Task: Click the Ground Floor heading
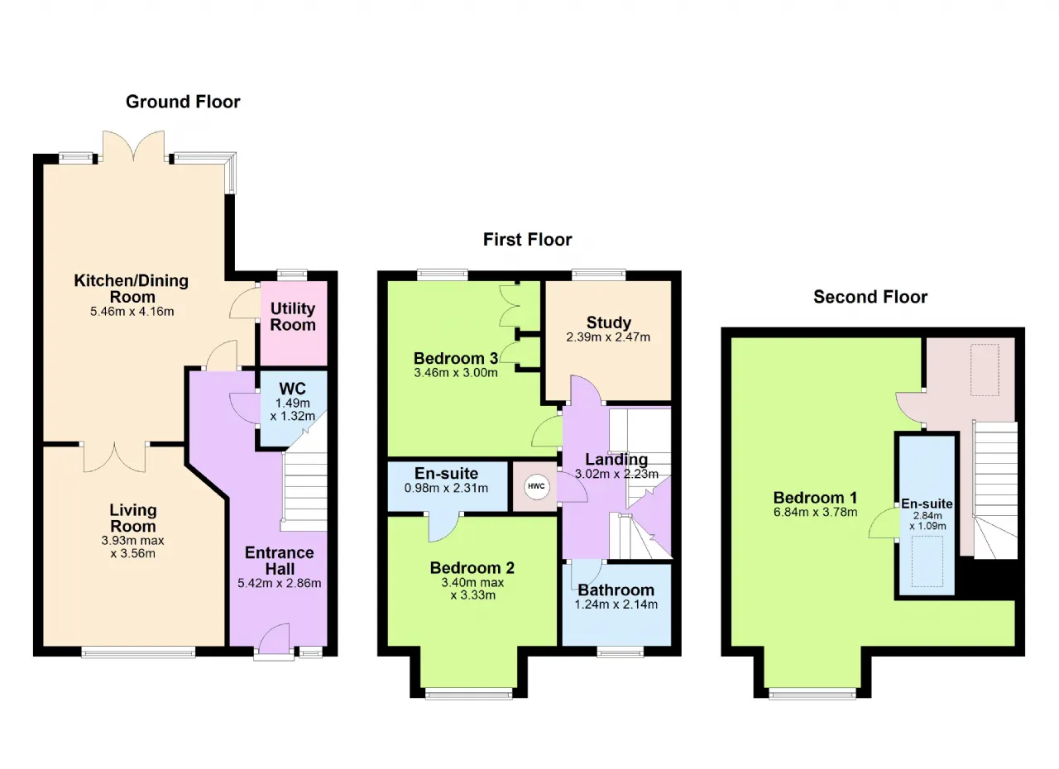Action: click(x=183, y=102)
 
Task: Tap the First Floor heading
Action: click(x=527, y=240)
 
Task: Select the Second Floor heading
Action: click(x=870, y=297)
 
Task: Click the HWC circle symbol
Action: click(x=536, y=486)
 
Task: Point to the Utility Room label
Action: click(x=293, y=317)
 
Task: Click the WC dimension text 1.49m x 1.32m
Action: click(x=293, y=409)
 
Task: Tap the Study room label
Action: click(x=608, y=322)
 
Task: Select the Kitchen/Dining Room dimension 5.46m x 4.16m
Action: click(x=132, y=312)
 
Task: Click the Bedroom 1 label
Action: click(x=815, y=498)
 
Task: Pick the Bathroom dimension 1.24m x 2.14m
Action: click(x=616, y=604)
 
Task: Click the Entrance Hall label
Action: click(x=280, y=561)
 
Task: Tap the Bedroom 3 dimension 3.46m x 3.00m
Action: click(x=456, y=373)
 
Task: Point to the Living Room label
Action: click(x=133, y=518)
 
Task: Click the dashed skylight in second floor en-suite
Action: click(x=927, y=561)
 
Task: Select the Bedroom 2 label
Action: click(x=472, y=568)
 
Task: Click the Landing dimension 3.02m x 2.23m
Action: click(x=616, y=474)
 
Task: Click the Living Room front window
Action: click(x=138, y=652)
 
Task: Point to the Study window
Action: click(x=598, y=275)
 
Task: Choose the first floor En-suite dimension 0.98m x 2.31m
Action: click(x=446, y=488)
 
